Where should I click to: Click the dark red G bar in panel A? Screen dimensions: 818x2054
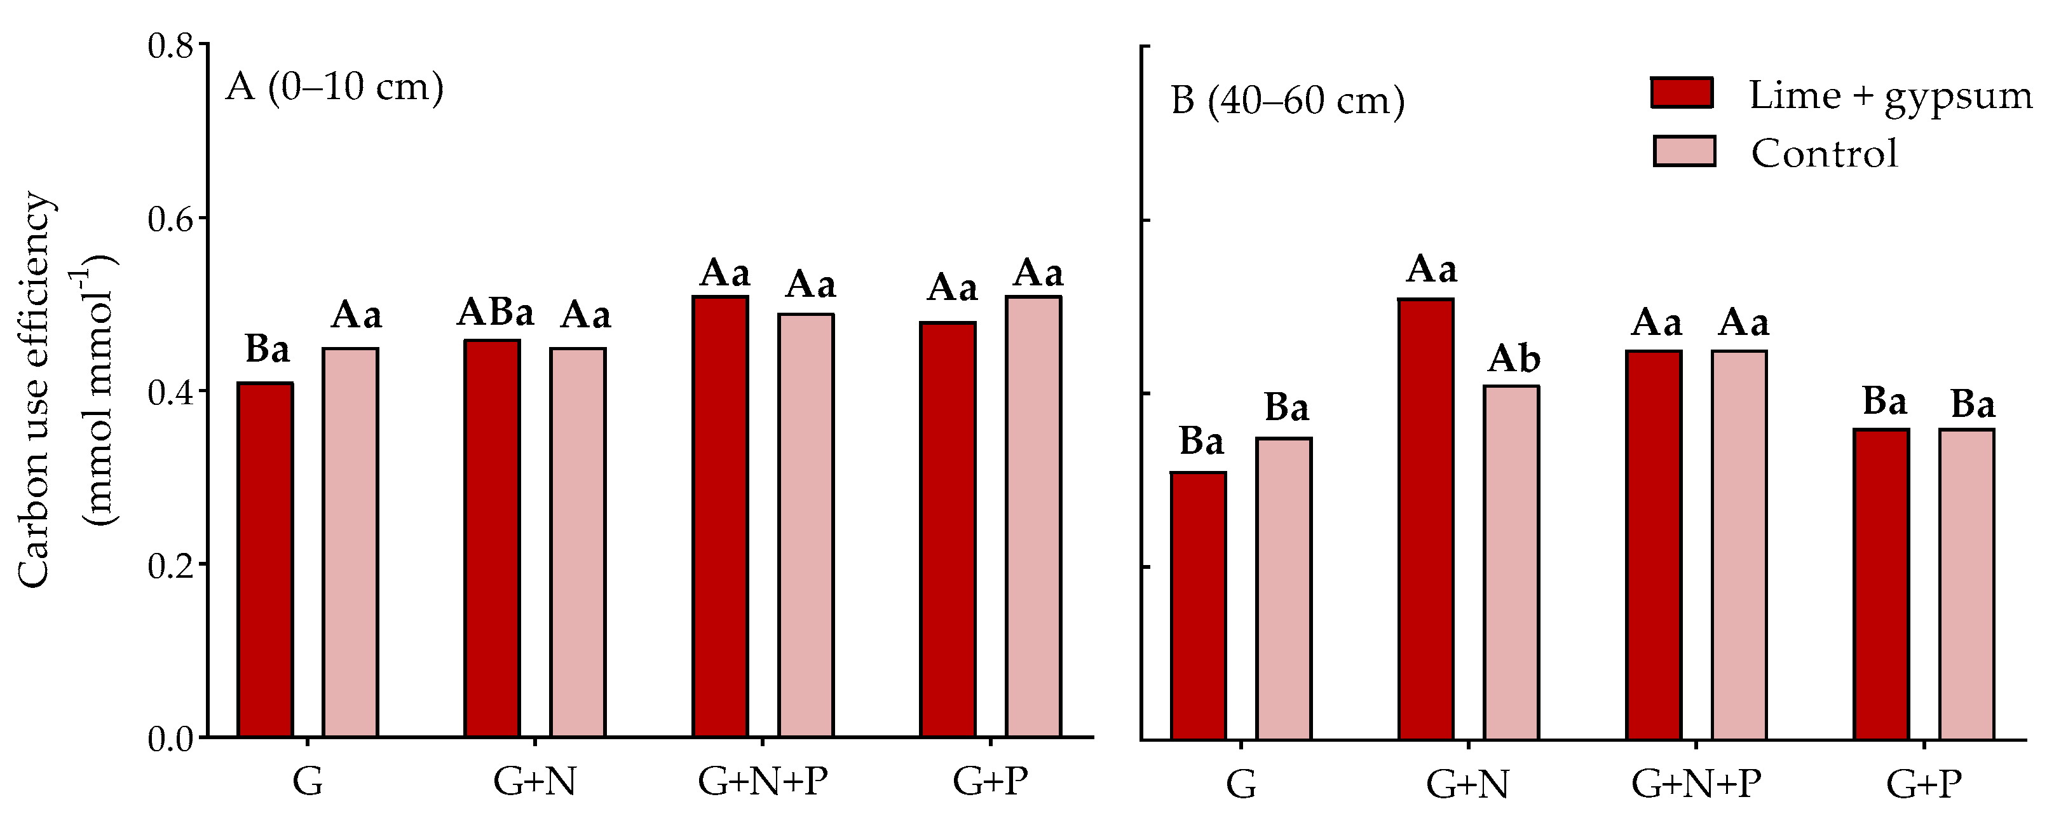point(266,560)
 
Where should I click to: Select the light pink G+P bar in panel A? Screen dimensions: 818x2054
point(1033,517)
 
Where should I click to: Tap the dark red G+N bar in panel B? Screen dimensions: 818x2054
point(1425,520)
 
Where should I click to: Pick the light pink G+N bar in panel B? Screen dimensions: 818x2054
point(1511,563)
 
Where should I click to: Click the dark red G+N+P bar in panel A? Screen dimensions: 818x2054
point(720,517)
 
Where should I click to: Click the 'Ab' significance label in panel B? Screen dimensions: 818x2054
point(1513,360)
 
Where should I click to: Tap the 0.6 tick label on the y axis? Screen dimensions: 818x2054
point(172,219)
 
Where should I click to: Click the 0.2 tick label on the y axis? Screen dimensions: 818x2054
point(172,565)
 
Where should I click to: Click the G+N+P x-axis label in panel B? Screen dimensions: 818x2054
point(1696,784)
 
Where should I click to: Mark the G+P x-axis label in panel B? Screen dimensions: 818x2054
point(1923,784)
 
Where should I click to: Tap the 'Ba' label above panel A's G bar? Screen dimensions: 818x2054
point(267,349)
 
